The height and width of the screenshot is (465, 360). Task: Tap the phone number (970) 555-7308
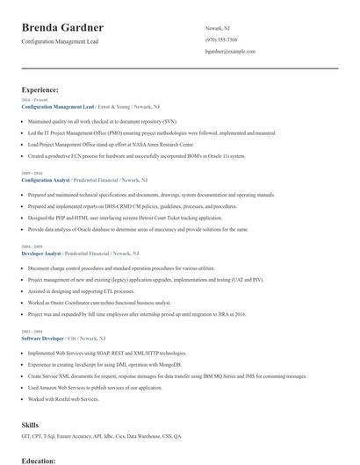coord(221,39)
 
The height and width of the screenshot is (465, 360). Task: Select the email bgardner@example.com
coord(230,52)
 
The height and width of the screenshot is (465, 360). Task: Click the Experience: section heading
coord(40,89)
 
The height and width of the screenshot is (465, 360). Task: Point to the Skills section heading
coord(30,425)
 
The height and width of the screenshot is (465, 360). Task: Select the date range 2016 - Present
coord(34,100)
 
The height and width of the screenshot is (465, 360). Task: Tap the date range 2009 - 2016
coord(32,174)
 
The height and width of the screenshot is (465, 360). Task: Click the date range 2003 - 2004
coord(32,332)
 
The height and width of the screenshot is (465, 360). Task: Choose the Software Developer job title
coord(42,338)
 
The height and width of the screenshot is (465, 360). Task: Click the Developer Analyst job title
coord(40,253)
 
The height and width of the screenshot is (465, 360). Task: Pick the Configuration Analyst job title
coord(45,179)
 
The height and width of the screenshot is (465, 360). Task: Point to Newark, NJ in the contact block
coord(219,27)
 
